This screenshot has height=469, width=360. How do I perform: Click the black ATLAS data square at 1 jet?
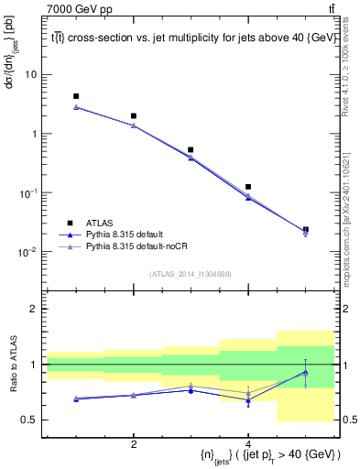click(x=76, y=96)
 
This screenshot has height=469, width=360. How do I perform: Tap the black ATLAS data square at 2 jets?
click(x=134, y=116)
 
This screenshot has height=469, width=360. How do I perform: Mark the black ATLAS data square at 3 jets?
click(x=191, y=149)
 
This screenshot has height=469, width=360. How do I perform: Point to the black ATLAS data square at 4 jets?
click(x=248, y=187)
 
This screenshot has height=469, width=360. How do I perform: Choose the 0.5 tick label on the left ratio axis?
click(x=29, y=420)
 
